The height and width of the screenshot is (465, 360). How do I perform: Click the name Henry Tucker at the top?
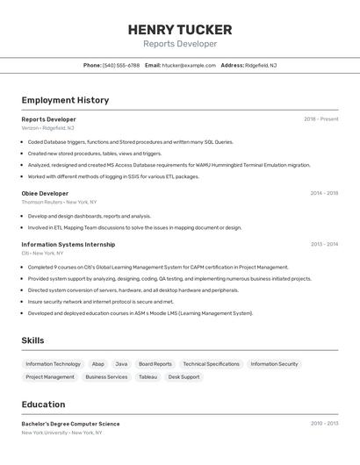coord(180,30)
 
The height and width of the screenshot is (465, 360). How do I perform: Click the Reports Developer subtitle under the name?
coord(180,44)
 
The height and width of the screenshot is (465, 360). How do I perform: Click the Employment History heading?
coord(65,100)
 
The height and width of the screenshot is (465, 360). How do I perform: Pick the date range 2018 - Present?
coord(321,118)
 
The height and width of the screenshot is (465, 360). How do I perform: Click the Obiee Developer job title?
coord(45,193)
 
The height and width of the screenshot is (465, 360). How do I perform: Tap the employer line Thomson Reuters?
coord(41,202)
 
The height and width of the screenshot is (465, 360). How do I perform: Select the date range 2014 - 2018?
coord(324,193)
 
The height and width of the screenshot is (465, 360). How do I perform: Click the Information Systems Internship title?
coord(68,245)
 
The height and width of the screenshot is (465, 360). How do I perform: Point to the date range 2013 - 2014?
coord(324,245)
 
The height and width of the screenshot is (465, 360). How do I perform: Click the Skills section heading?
coord(32,340)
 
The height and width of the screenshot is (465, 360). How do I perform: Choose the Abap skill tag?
coord(97,364)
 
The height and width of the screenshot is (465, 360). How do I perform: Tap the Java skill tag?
coord(121,364)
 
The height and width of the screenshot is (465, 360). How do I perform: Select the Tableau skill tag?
coord(148,377)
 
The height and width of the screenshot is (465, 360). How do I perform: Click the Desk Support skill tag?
coord(184,377)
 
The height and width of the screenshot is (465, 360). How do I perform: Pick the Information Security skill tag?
coord(274,364)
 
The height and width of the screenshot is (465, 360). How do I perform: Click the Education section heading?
coord(43,404)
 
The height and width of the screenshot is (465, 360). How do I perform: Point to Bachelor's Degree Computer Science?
coord(70,424)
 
